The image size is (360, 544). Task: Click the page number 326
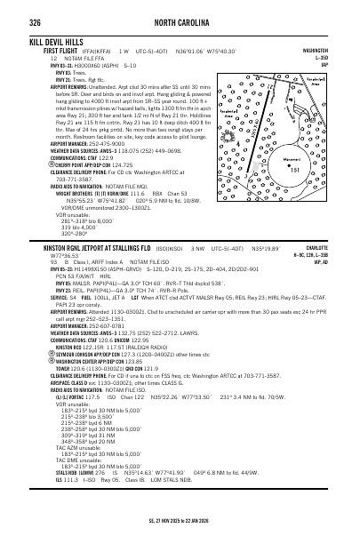(x=36, y=20)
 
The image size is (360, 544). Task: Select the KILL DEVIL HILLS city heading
(x=60, y=42)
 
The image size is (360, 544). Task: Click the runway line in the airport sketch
(x=284, y=124)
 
